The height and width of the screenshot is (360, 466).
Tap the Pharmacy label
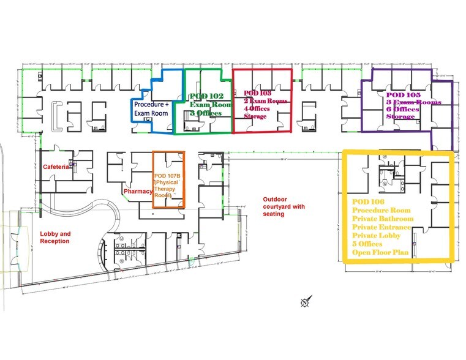pyautogui.click(x=138, y=192)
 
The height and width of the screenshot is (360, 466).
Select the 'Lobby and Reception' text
pyautogui.click(x=55, y=237)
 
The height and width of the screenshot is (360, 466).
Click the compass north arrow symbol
pyautogui.click(x=306, y=301)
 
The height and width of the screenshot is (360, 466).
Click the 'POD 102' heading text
pyautogui.click(x=206, y=96)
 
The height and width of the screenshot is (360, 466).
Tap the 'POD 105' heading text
pyautogui.click(x=404, y=95)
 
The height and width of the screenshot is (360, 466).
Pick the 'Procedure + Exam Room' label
pyautogui.click(x=151, y=108)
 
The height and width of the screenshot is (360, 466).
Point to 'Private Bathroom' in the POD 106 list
pyautogui.click(x=383, y=219)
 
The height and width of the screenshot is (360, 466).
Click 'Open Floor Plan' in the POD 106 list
pyautogui.click(x=380, y=252)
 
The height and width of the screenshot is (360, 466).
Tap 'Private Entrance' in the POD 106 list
pyautogui.click(x=381, y=227)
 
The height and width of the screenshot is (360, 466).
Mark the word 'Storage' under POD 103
pyautogui.click(x=255, y=116)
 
